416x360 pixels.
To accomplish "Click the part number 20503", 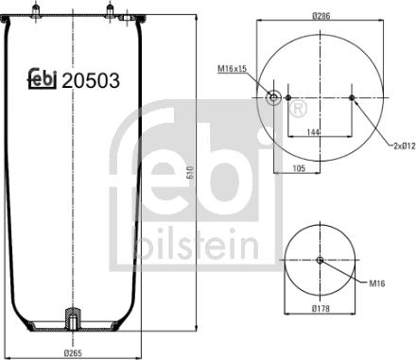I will [x=91, y=81].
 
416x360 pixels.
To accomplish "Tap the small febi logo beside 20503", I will [x=42, y=80].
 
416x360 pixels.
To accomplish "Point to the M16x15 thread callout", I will [x=232, y=68].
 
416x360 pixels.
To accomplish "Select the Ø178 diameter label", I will [x=320, y=334].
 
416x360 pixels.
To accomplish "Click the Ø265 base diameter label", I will [x=74, y=352].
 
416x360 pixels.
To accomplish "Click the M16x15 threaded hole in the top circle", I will [x=275, y=97].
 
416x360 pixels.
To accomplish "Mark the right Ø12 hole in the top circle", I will [x=352, y=97].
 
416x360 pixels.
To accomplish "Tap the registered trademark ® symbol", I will [x=297, y=111].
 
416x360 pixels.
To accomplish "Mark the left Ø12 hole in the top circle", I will [x=287, y=97].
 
